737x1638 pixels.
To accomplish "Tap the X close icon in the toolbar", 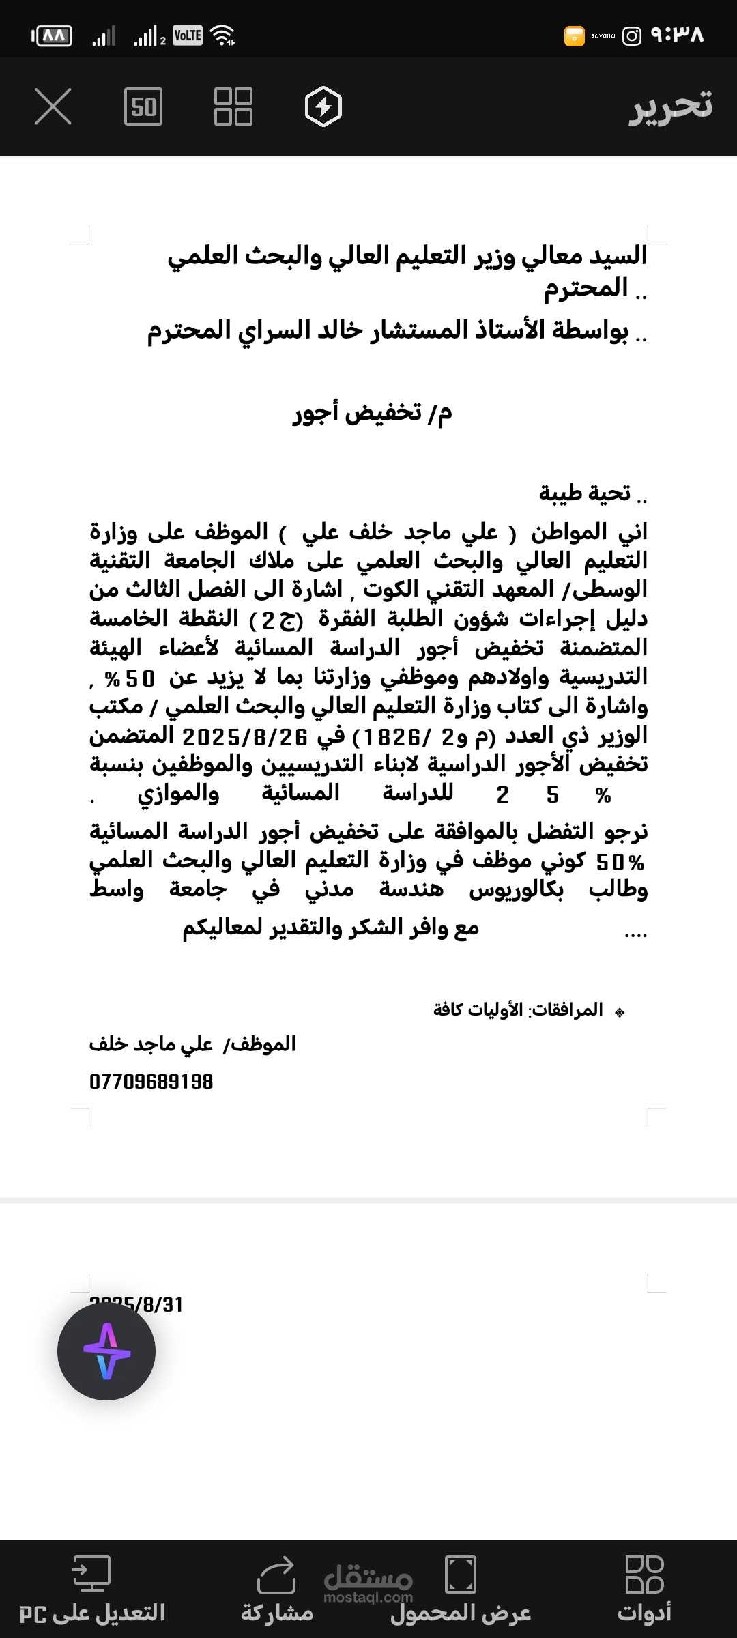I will pos(53,107).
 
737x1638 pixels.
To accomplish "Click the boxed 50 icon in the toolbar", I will pos(143,107).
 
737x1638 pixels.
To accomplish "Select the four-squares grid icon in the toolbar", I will pos(233,107).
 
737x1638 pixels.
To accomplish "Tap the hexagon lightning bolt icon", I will pos(323,107).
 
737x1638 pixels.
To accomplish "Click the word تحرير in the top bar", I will pos(670,106).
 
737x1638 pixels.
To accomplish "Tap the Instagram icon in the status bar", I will pos(632,35).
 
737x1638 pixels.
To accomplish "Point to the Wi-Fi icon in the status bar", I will pos(223,35).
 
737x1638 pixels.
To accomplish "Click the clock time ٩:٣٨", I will pos(678,35).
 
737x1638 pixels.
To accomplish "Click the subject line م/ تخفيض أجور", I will pos(373,413).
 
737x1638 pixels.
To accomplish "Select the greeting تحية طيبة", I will pos(586,493).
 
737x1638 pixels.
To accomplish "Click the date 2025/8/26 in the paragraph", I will pos(245,736).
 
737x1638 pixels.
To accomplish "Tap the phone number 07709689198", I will pos(151,1082).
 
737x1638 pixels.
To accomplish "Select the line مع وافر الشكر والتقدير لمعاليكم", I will pos(331,928).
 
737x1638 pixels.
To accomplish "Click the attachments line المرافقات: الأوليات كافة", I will pos(519,1009).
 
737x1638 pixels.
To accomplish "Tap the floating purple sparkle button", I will pos(106,1351).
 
